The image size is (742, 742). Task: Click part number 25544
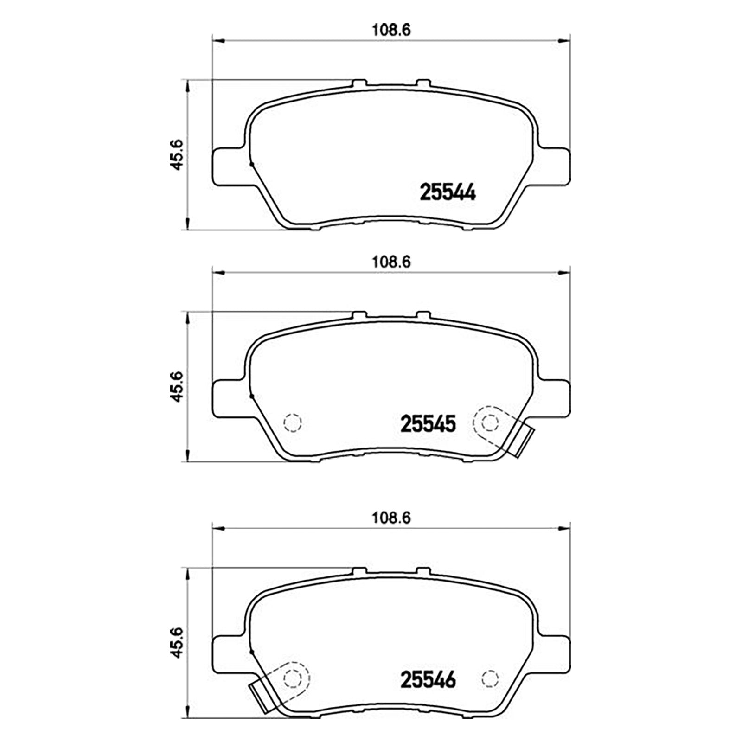pyautogui.click(x=448, y=192)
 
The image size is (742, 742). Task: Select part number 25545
pyautogui.click(x=428, y=424)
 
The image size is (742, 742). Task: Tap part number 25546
pyautogui.click(x=428, y=680)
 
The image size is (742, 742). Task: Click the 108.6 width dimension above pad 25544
pyautogui.click(x=392, y=30)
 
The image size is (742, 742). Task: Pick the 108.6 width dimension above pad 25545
pyautogui.click(x=392, y=262)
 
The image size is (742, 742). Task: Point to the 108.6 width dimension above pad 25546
pyautogui.click(x=392, y=518)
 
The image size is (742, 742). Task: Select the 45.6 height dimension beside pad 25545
pyautogui.click(x=178, y=387)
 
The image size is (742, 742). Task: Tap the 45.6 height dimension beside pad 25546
pyautogui.click(x=178, y=642)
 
